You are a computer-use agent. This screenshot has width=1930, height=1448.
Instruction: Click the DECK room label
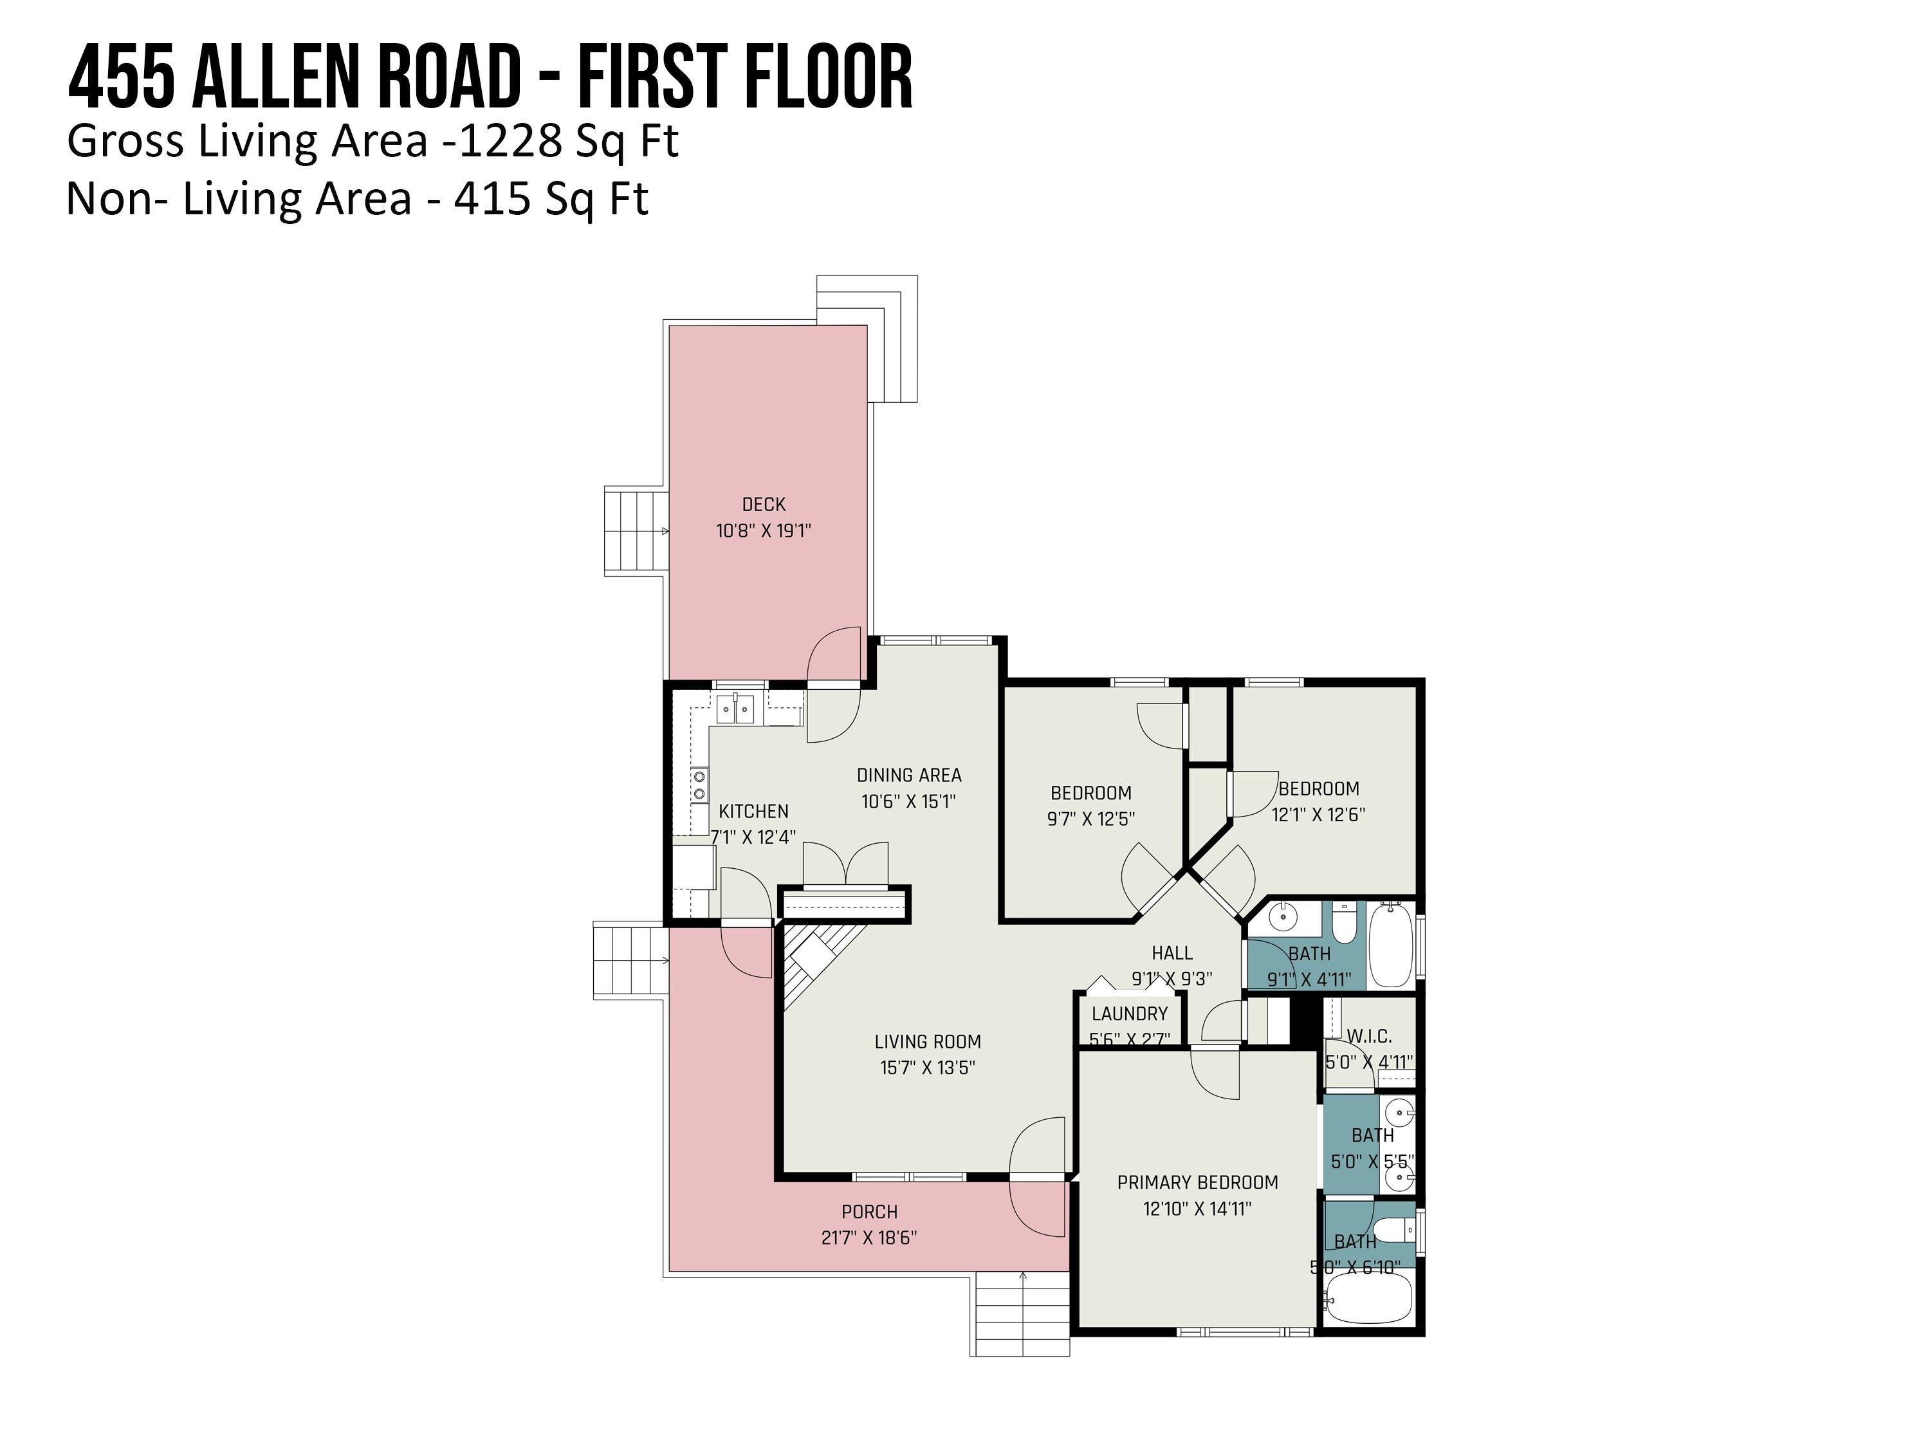[764, 505]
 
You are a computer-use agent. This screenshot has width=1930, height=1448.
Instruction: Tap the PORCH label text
[869, 1211]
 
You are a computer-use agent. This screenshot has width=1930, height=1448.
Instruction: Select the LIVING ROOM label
[928, 1041]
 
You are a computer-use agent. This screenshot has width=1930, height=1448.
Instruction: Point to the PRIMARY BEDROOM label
[1197, 1183]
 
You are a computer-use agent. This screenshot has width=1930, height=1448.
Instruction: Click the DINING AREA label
[909, 775]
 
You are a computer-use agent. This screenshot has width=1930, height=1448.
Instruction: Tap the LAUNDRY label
[1129, 1014]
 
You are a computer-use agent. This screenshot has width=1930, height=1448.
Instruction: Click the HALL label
[1172, 953]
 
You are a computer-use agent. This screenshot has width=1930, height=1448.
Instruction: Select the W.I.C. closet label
[1369, 1036]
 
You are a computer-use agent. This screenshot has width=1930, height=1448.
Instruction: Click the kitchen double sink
[735, 709]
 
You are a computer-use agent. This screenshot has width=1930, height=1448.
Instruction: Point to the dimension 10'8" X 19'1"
[764, 531]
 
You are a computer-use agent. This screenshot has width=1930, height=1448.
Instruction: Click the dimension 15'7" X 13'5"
[928, 1068]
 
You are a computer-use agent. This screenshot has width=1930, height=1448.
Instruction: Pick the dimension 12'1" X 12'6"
[1318, 814]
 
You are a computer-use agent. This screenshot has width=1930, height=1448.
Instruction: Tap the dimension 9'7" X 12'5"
[1090, 819]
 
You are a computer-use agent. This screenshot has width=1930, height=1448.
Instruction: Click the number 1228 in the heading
[510, 142]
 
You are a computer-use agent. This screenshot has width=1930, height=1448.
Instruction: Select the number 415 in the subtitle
[492, 199]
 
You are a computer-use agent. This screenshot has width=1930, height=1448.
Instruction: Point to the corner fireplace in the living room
[820, 965]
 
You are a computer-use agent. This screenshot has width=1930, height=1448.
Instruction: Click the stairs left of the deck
[636, 532]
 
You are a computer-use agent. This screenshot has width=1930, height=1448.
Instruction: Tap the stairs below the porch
[1020, 1313]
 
